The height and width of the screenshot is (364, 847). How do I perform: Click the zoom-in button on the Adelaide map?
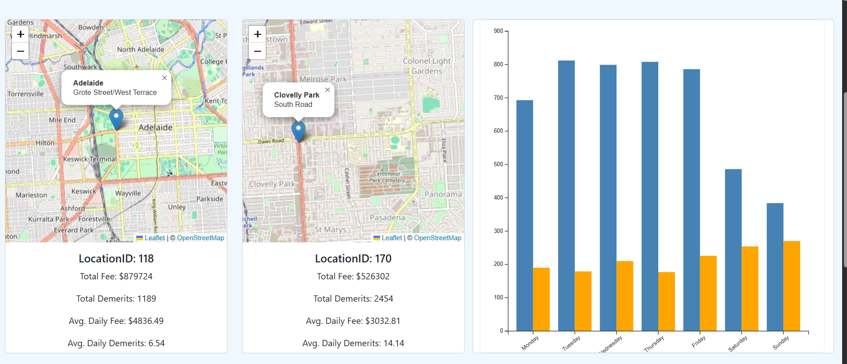pyautogui.click(x=20, y=34)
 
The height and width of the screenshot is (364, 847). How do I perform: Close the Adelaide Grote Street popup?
pyautogui.click(x=164, y=78)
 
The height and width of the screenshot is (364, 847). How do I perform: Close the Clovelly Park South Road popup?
pyautogui.click(x=328, y=90)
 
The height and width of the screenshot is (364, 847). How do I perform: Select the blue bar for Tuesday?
pyautogui.click(x=566, y=196)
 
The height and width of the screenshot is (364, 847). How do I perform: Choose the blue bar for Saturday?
pyautogui.click(x=733, y=250)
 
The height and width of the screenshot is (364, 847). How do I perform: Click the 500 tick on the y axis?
pyautogui.click(x=498, y=164)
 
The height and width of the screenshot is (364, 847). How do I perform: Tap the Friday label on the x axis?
pyautogui.click(x=699, y=342)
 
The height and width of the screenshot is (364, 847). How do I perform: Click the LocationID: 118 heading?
pyautogui.click(x=116, y=258)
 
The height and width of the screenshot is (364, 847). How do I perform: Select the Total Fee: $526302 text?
pyautogui.click(x=353, y=276)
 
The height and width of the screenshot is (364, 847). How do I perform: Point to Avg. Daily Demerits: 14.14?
pyautogui.click(x=353, y=343)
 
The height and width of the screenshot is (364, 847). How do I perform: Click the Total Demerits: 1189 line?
pyautogui.click(x=116, y=299)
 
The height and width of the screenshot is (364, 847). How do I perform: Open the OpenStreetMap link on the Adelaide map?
pyautogui.click(x=200, y=238)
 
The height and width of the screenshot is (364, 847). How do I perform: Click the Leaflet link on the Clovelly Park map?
pyautogui.click(x=392, y=238)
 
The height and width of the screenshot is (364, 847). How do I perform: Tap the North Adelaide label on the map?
pyautogui.click(x=141, y=49)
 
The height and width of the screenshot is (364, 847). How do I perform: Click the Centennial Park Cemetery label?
pyautogui.click(x=387, y=177)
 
